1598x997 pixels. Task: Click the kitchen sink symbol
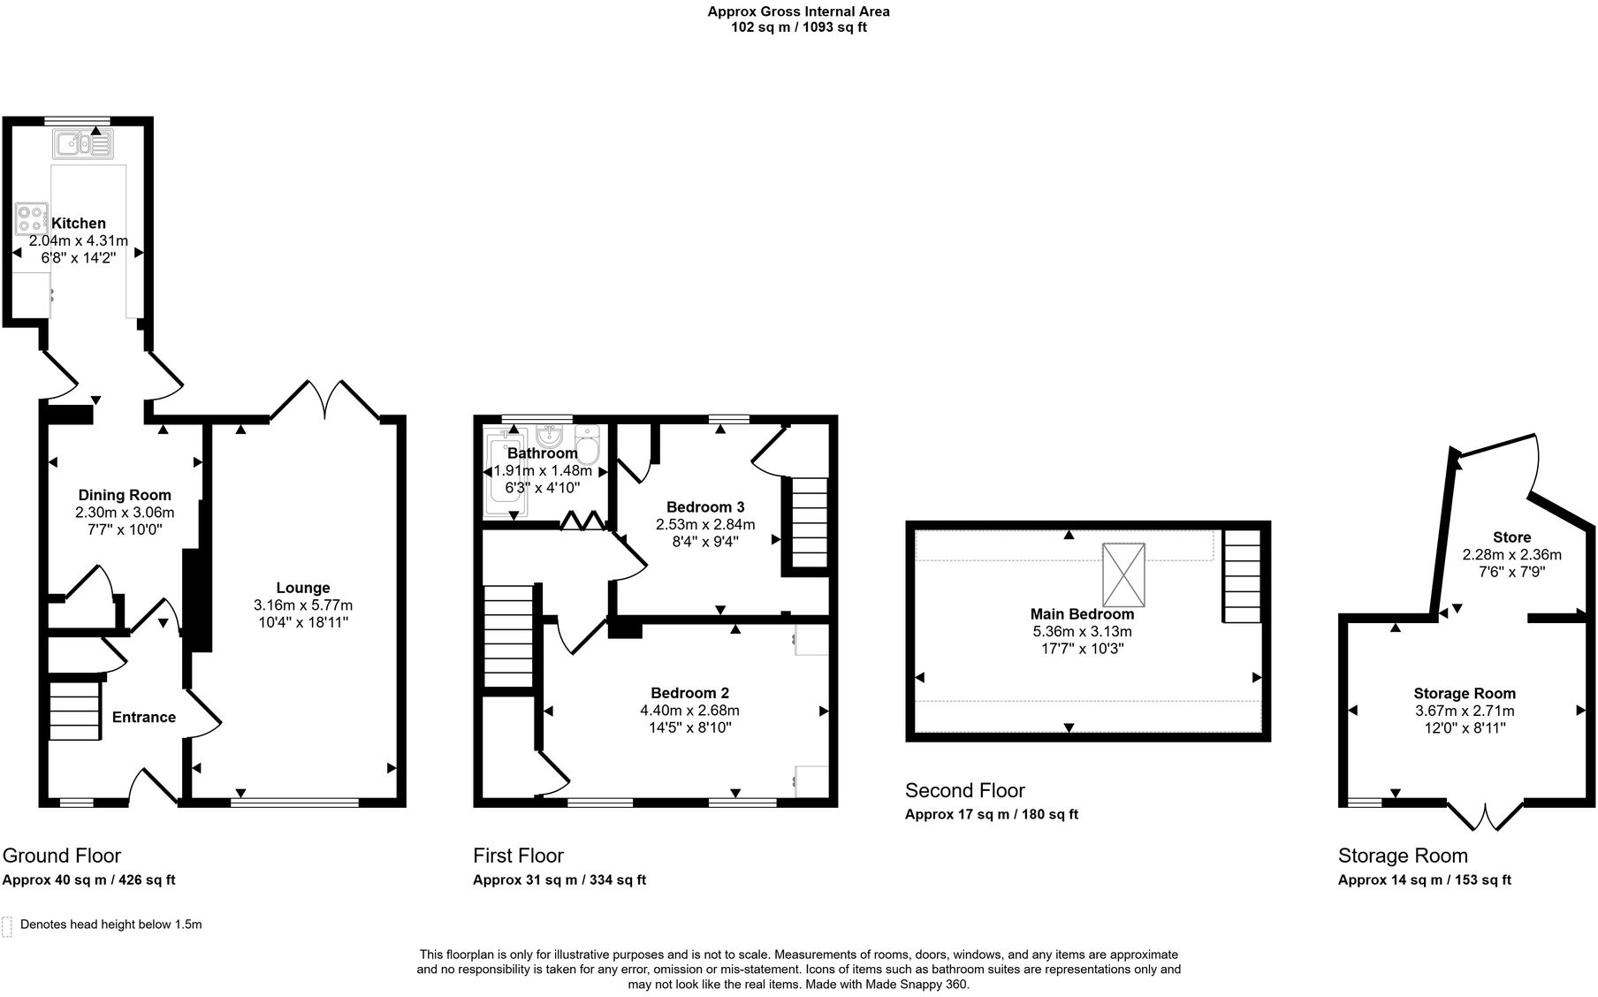point(83,143)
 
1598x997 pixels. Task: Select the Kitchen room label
point(79,224)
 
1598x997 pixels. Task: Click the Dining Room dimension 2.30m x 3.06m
point(125,512)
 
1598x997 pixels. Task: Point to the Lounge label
point(303,588)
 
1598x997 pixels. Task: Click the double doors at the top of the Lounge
point(325,400)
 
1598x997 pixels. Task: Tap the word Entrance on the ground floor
point(144,717)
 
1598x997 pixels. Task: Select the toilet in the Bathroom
point(587,444)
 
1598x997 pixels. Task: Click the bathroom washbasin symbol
point(550,437)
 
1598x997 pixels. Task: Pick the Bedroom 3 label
point(705,506)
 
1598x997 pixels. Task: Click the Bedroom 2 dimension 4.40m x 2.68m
point(689,711)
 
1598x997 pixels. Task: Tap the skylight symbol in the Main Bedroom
point(1123,575)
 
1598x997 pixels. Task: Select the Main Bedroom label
point(1082,614)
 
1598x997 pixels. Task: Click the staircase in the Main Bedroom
point(1242,576)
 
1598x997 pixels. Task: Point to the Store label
point(1511,537)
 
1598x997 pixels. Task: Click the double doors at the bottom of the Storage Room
point(1486,817)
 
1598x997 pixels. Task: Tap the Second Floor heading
point(964,790)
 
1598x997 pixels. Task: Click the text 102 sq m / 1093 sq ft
point(798,27)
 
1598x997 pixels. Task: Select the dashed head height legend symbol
point(7,926)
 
